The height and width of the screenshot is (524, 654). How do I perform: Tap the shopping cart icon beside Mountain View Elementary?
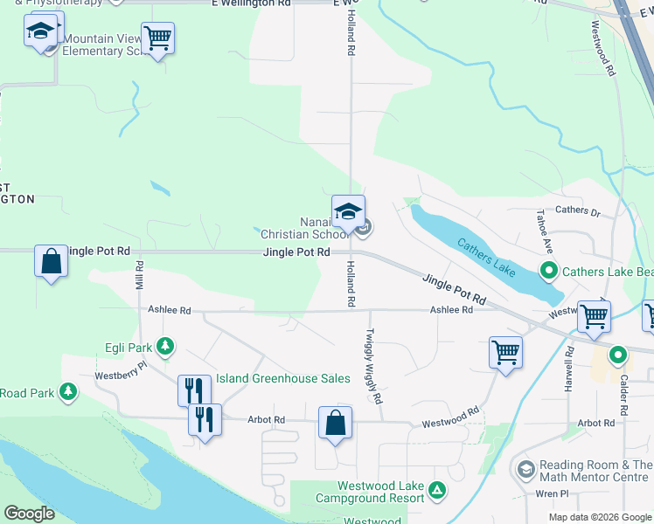click(x=157, y=38)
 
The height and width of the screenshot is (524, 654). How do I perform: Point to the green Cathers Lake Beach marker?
click(x=549, y=271)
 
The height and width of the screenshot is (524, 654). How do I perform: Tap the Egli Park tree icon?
click(x=164, y=347)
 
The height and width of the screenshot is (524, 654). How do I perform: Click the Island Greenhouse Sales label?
click(x=283, y=379)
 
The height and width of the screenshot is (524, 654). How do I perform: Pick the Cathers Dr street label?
click(x=578, y=210)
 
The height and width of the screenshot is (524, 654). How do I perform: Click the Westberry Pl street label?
click(x=121, y=376)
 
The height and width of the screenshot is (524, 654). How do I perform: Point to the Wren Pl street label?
click(x=552, y=493)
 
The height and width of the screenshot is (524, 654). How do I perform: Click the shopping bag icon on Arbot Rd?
click(x=335, y=423)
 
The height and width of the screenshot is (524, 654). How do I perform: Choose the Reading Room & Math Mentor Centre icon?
click(x=525, y=471)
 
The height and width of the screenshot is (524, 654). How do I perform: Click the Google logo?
click(x=29, y=514)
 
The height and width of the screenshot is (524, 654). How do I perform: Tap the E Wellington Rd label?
click(x=250, y=4)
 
